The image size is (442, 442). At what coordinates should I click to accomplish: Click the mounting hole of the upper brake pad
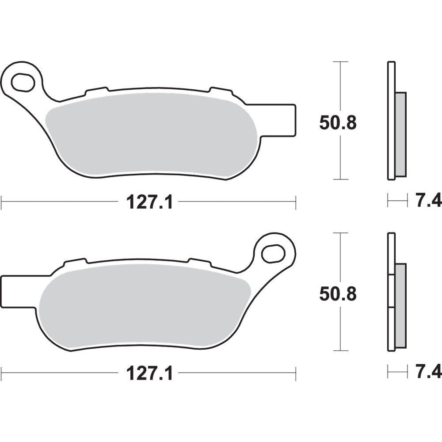[23, 82]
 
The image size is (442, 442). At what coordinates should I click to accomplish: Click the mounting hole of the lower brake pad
[273, 253]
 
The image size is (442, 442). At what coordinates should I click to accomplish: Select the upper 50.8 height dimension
[338, 123]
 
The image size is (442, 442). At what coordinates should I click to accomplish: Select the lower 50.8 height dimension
[338, 294]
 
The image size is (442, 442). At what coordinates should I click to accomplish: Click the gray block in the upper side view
[400, 133]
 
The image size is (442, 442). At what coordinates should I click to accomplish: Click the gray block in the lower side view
[400, 305]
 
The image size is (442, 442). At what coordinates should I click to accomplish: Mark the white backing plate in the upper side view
[391, 120]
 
